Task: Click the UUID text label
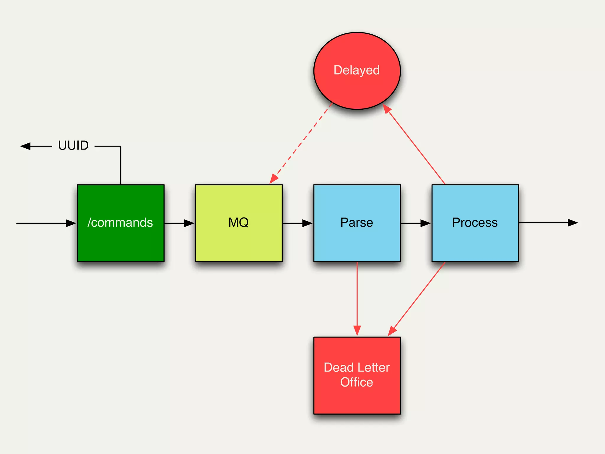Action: [73, 145]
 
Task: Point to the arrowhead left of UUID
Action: [25, 146]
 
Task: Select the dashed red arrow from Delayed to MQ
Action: [301, 142]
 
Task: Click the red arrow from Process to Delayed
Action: [415, 145]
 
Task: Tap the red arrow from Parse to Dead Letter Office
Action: [357, 299]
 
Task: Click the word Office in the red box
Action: [357, 382]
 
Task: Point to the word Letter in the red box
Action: [374, 367]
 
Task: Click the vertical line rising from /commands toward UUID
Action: [121, 166]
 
